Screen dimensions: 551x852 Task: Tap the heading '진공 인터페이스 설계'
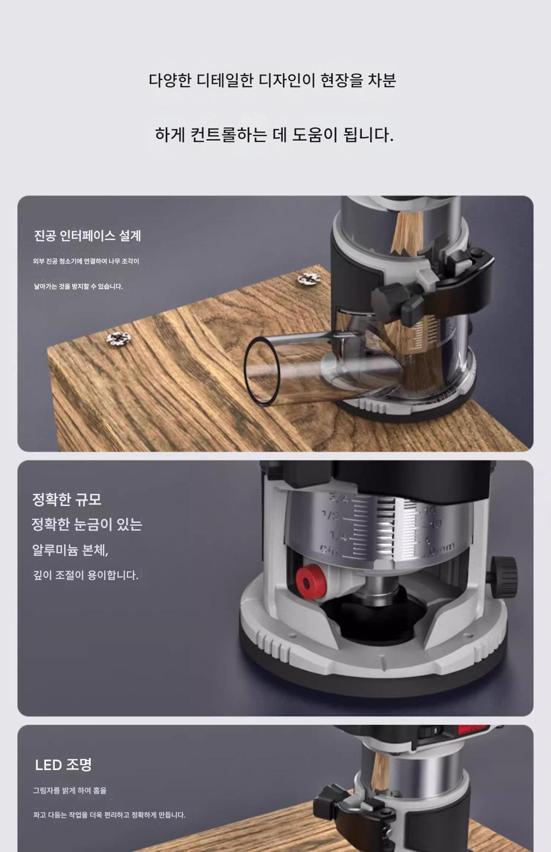coord(87,236)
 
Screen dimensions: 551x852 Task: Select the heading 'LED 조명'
coord(64,765)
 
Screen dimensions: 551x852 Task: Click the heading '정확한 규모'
coord(66,499)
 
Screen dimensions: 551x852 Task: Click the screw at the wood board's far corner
coord(308,278)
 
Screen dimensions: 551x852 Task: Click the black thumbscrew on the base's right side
coord(504,570)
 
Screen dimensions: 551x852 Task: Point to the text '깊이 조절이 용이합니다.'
coord(86,575)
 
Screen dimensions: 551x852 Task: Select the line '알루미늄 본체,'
coord(70,550)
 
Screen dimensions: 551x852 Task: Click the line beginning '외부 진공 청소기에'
coord(86,261)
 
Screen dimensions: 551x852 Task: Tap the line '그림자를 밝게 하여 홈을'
coord(70,790)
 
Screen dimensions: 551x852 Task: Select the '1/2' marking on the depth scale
coord(330,514)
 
